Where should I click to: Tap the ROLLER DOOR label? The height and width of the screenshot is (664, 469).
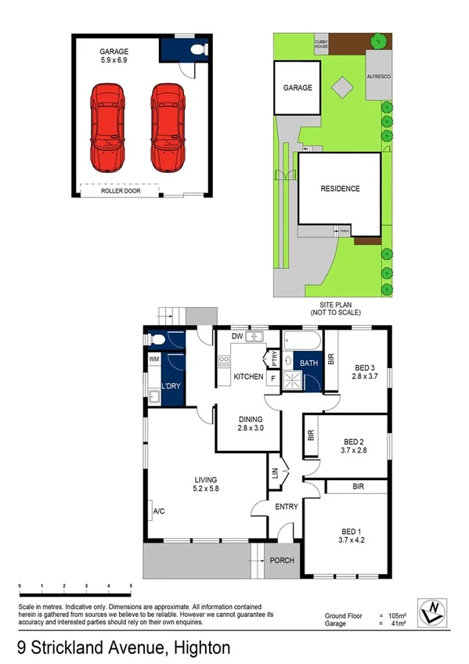[x=121, y=190]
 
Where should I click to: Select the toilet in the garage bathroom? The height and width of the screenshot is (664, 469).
[x=197, y=51]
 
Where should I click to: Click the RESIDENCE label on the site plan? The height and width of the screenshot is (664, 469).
[x=340, y=189]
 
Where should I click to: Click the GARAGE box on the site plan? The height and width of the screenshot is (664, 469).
[x=297, y=88]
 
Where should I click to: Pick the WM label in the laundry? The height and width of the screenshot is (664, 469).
[x=153, y=359]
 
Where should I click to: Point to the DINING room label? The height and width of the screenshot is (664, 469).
[x=251, y=419]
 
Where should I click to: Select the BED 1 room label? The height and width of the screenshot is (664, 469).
[x=350, y=530]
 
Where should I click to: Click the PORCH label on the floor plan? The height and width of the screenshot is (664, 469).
[x=280, y=560]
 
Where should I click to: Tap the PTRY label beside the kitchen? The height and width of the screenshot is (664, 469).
[x=274, y=360]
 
